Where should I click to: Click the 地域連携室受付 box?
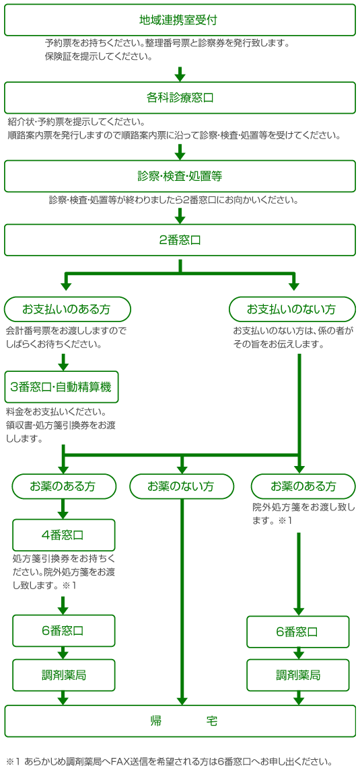click(180, 20)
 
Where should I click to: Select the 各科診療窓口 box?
click(180, 98)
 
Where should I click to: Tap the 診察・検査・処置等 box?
click(180, 176)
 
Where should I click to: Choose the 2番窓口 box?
click(180, 240)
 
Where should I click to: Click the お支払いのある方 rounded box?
click(67, 309)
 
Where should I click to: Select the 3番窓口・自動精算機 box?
click(62, 387)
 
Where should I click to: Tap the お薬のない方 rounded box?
click(182, 486)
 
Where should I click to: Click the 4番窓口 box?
click(63, 535)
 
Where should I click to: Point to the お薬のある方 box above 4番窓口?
click(63, 486)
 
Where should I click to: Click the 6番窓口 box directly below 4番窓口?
click(63, 631)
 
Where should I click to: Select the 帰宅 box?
click(180, 721)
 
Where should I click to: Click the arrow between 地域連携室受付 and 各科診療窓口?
click(180, 73)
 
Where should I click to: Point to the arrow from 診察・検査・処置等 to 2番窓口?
click(180, 215)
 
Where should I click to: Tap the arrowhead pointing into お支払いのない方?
click(294, 286)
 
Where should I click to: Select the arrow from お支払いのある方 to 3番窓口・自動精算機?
click(63, 362)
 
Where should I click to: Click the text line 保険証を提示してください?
click(98, 56)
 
